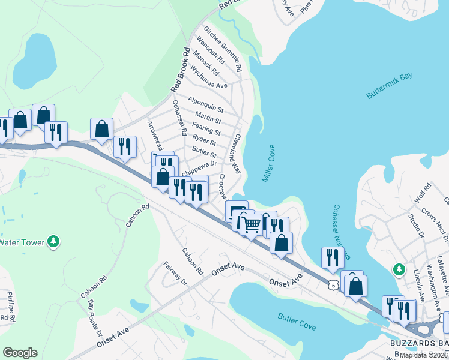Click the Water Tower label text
click(x=20, y=242)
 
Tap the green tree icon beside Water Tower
click(x=54, y=241)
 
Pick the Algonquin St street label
click(x=205, y=104)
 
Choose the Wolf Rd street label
click(x=423, y=193)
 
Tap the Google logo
click(x=20, y=353)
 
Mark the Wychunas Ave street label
click(x=208, y=77)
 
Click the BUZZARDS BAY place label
click(x=417, y=342)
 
